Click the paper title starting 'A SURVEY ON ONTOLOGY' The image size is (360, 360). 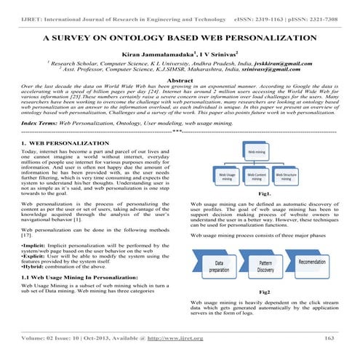coord(180,35)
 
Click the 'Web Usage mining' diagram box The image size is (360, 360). coord(227,176)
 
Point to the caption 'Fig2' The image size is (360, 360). coord(265,291)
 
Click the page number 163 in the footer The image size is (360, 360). coord(329,338)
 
